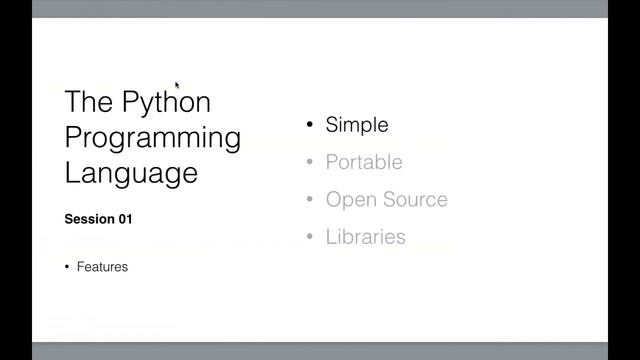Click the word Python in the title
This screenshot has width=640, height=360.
pyautogui.click(x=167, y=103)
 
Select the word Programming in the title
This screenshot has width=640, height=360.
pyautogui.click(x=152, y=137)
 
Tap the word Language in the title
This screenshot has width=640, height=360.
pyautogui.click(x=131, y=172)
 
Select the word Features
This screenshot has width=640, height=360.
pyautogui.click(x=102, y=267)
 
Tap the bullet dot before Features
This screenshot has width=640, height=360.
pyautogui.click(x=67, y=267)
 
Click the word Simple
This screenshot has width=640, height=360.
pyautogui.click(x=357, y=125)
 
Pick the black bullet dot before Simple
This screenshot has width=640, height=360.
pyautogui.click(x=310, y=125)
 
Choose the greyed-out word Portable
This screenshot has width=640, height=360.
pyautogui.click(x=364, y=162)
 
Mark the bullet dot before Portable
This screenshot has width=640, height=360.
pyautogui.click(x=310, y=162)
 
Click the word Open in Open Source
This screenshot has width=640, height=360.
pyautogui.click(x=348, y=199)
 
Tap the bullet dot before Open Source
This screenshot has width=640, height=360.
pyautogui.click(x=310, y=199)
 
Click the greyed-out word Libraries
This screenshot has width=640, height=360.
pyautogui.click(x=365, y=237)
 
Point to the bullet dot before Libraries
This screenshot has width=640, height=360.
pyautogui.click(x=310, y=237)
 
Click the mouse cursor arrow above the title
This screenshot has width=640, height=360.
pyautogui.click(x=177, y=86)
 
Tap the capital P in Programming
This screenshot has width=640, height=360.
pyautogui.click(x=73, y=137)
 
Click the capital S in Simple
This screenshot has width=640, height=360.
pyautogui.click(x=332, y=125)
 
